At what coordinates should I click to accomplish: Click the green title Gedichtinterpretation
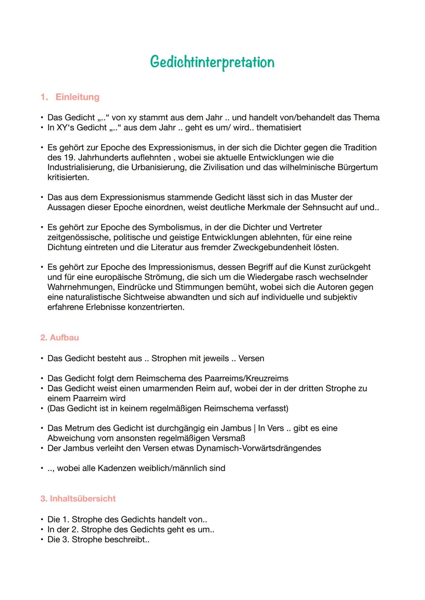click(212, 62)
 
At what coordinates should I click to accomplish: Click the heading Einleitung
click(77, 97)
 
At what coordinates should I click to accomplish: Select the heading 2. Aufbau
click(59, 338)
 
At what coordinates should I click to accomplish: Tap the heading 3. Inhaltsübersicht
click(78, 499)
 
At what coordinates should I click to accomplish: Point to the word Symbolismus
click(173, 228)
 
